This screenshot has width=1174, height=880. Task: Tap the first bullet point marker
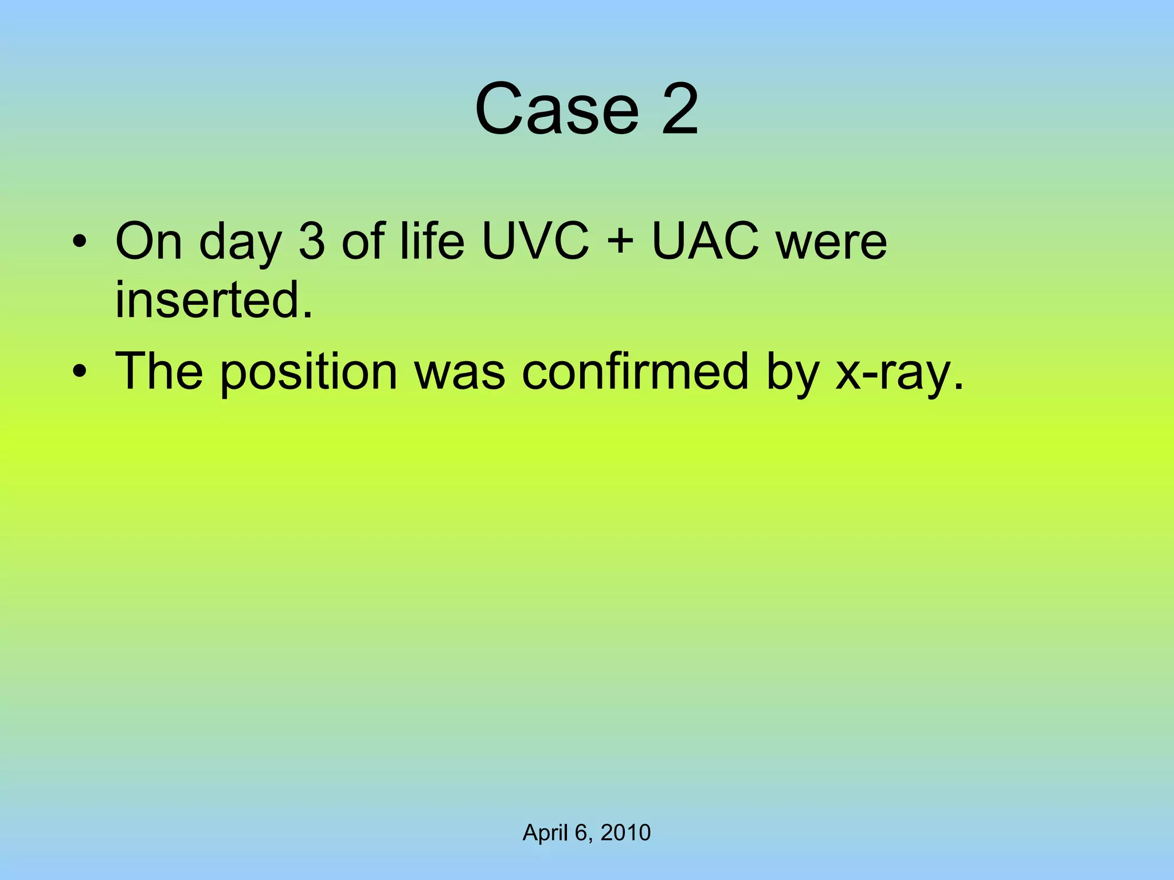coord(80,241)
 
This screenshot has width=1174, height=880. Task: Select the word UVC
coord(535,241)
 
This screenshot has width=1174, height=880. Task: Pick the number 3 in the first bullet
coord(312,241)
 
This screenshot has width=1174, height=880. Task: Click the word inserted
coord(214,300)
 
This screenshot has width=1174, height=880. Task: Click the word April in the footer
coord(545,833)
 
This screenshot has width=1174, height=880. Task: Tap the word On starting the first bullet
coord(148,241)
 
